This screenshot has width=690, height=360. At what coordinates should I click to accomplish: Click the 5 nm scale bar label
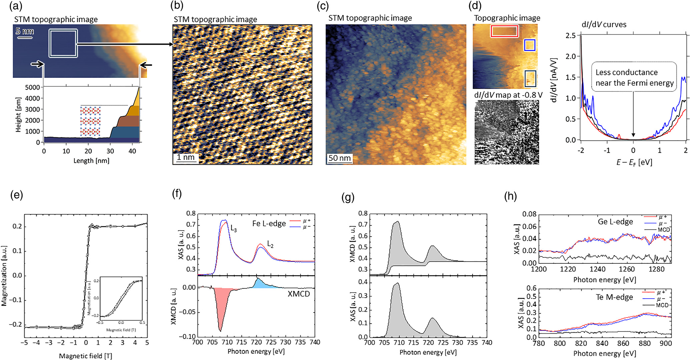point(25,31)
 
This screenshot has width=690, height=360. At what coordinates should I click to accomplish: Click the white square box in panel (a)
point(63,43)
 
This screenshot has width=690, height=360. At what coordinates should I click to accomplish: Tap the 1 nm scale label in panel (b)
point(185,157)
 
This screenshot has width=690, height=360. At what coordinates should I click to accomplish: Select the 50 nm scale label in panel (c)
point(339,158)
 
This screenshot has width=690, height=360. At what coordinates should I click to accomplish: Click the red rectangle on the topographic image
point(504,31)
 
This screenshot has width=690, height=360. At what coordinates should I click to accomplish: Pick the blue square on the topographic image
point(530,45)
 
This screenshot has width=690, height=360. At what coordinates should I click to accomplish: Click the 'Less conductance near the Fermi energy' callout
point(634,77)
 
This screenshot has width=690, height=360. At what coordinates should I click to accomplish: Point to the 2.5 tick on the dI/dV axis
point(571,35)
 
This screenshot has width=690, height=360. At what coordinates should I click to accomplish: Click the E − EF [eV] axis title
point(634,162)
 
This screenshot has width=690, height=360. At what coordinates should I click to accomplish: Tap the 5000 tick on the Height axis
point(32,87)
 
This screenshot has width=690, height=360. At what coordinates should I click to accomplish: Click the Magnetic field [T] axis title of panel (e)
point(85,356)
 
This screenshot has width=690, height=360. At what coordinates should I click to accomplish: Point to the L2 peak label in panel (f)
point(270,245)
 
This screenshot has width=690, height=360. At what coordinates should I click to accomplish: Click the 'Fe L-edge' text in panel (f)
point(269,223)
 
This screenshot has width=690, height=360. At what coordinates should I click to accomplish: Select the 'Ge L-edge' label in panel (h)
point(615,222)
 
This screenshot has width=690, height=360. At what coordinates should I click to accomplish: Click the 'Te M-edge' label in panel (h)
point(614,297)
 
